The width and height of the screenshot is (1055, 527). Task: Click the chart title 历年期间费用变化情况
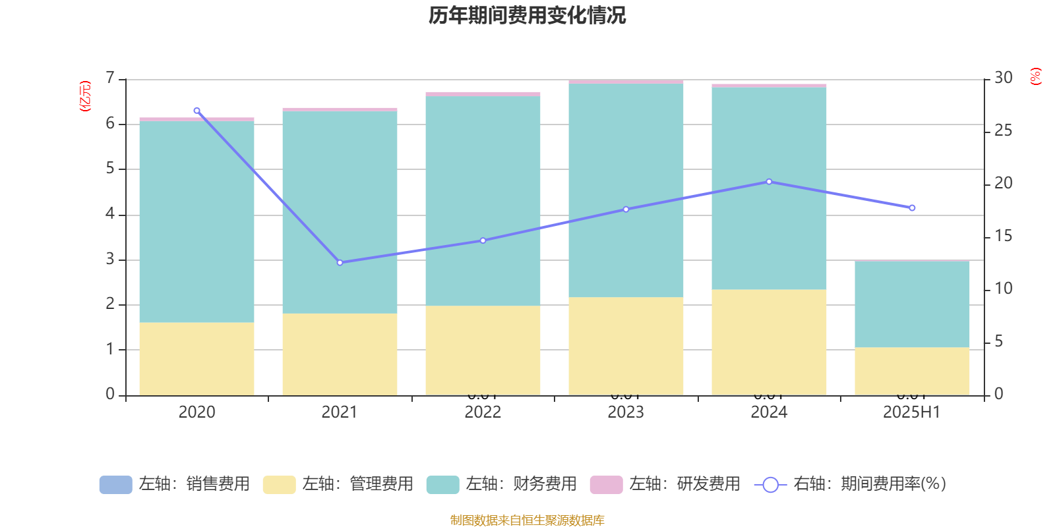527,15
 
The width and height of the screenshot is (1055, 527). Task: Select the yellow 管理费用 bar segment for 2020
196,359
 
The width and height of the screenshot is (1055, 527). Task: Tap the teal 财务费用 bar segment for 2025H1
912,304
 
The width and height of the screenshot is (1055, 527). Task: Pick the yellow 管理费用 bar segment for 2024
769,343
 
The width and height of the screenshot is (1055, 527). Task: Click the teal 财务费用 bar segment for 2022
483,201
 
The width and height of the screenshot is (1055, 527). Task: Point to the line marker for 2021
340,262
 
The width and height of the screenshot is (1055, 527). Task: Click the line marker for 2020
196,111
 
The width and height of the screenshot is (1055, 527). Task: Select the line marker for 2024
769,182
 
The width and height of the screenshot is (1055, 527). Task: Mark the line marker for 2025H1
912,208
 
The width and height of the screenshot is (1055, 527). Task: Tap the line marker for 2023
626,209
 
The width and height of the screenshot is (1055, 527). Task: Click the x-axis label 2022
483,412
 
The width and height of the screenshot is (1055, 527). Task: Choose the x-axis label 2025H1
912,412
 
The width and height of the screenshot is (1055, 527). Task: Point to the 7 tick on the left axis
110,78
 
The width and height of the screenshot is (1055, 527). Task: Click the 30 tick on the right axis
1003,78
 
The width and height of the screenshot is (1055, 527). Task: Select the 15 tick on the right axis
1003,236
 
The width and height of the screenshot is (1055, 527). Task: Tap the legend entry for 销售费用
175,484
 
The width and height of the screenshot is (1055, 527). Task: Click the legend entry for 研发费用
666,484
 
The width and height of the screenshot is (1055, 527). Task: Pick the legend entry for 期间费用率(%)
851,484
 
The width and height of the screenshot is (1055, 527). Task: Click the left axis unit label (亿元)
85,96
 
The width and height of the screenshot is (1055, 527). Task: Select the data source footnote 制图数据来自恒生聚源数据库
527,520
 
